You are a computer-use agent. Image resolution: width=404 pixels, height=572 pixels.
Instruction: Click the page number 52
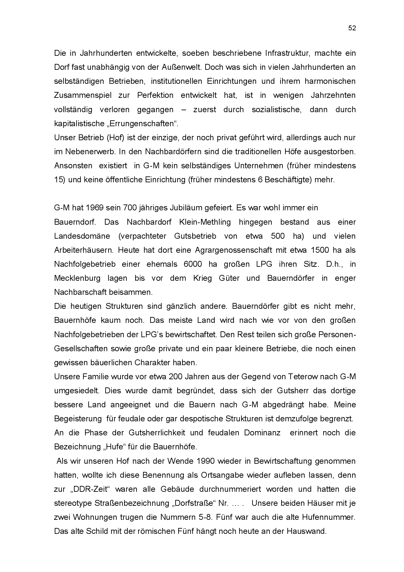coord(352,28)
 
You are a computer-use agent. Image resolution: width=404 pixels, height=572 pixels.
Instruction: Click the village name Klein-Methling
coord(205,222)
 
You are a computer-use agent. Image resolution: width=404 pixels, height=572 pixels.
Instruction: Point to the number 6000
coord(193,264)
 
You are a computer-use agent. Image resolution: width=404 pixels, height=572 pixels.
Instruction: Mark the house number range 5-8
coord(205,517)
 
